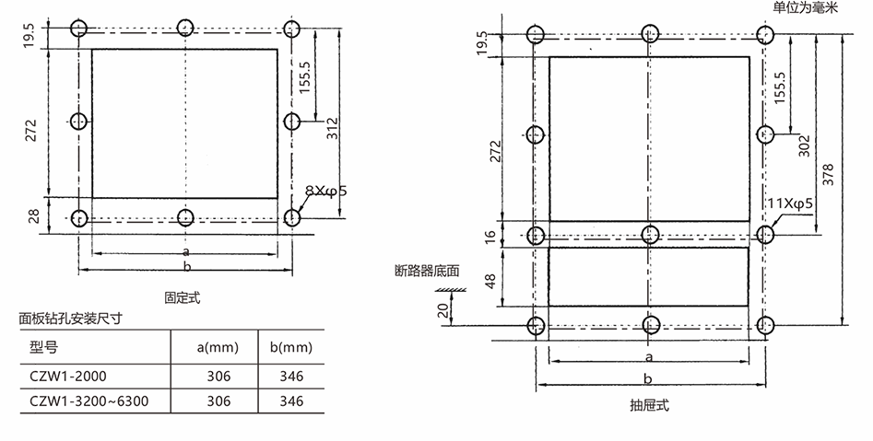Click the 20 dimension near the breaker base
(443, 310)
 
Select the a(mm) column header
(218, 347)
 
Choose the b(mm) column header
(291, 347)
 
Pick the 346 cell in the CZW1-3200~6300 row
(291, 401)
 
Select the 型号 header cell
(43, 347)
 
